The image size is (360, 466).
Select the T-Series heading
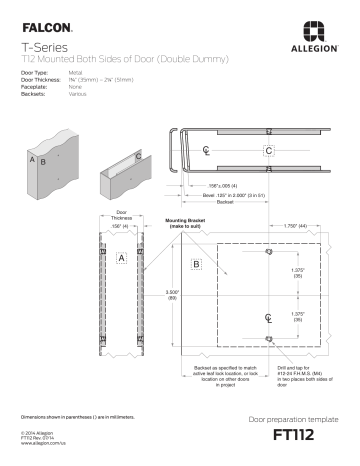39,47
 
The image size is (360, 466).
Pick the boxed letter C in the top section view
268,151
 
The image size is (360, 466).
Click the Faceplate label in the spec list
33,87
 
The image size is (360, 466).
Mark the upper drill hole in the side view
268,251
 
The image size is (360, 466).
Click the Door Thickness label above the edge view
121,214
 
